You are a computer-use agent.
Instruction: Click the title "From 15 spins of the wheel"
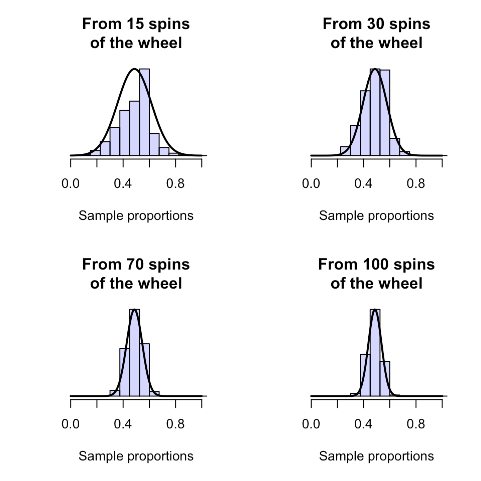click(x=136, y=34)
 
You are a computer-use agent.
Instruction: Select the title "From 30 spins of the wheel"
click(x=376, y=34)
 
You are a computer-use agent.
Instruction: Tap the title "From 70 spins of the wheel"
click(x=136, y=274)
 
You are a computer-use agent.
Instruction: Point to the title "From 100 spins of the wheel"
click(x=376, y=274)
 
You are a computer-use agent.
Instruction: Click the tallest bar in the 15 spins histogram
click(x=144, y=113)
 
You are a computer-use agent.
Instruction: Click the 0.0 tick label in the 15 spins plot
click(x=71, y=184)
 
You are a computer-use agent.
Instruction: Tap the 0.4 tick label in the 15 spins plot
click(x=123, y=184)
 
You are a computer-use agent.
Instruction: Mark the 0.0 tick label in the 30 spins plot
click(x=311, y=184)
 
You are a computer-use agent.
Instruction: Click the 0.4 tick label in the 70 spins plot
click(x=123, y=424)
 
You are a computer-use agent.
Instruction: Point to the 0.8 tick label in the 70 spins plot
click(x=175, y=424)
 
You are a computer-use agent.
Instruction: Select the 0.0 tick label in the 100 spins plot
click(x=311, y=424)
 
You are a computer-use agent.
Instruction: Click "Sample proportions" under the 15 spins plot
click(x=136, y=216)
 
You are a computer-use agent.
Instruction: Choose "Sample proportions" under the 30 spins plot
click(x=376, y=216)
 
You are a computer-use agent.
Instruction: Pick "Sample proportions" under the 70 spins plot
click(x=136, y=456)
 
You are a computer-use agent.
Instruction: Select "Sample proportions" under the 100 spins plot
click(x=376, y=456)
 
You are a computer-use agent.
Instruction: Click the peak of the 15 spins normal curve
click(x=135, y=69)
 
